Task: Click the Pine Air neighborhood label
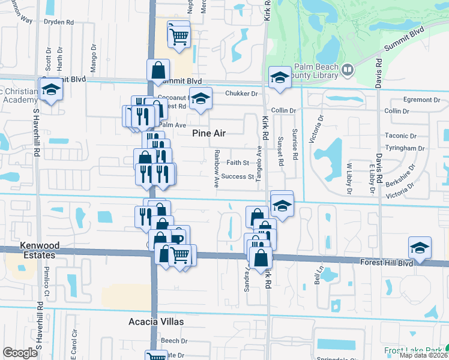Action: [208, 133]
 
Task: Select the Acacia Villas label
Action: [156, 322]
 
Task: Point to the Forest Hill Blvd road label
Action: [388, 263]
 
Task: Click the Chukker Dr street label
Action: [241, 93]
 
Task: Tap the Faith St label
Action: [238, 163]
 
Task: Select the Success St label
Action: [237, 176]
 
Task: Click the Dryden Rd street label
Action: [59, 22]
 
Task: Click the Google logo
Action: [20, 353]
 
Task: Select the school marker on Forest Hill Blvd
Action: [420, 247]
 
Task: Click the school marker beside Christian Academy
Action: [52, 89]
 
